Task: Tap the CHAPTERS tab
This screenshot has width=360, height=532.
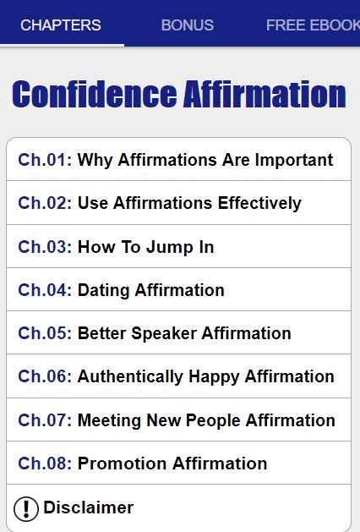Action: click(x=61, y=25)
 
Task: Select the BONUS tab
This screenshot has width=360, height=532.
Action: click(x=188, y=25)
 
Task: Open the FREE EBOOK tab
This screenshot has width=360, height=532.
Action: click(x=313, y=25)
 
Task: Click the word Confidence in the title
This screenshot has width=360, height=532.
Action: click(x=95, y=95)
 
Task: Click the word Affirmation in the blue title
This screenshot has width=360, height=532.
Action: click(x=265, y=95)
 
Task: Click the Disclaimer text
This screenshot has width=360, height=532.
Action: click(x=89, y=507)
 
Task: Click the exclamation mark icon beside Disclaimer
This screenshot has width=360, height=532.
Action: click(x=26, y=508)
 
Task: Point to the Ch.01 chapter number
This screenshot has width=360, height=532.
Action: click(x=45, y=160)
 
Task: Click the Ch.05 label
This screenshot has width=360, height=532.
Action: click(x=45, y=333)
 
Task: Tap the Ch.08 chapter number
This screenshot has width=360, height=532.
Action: click(x=45, y=463)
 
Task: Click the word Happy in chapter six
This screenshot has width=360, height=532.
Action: click(x=215, y=377)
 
